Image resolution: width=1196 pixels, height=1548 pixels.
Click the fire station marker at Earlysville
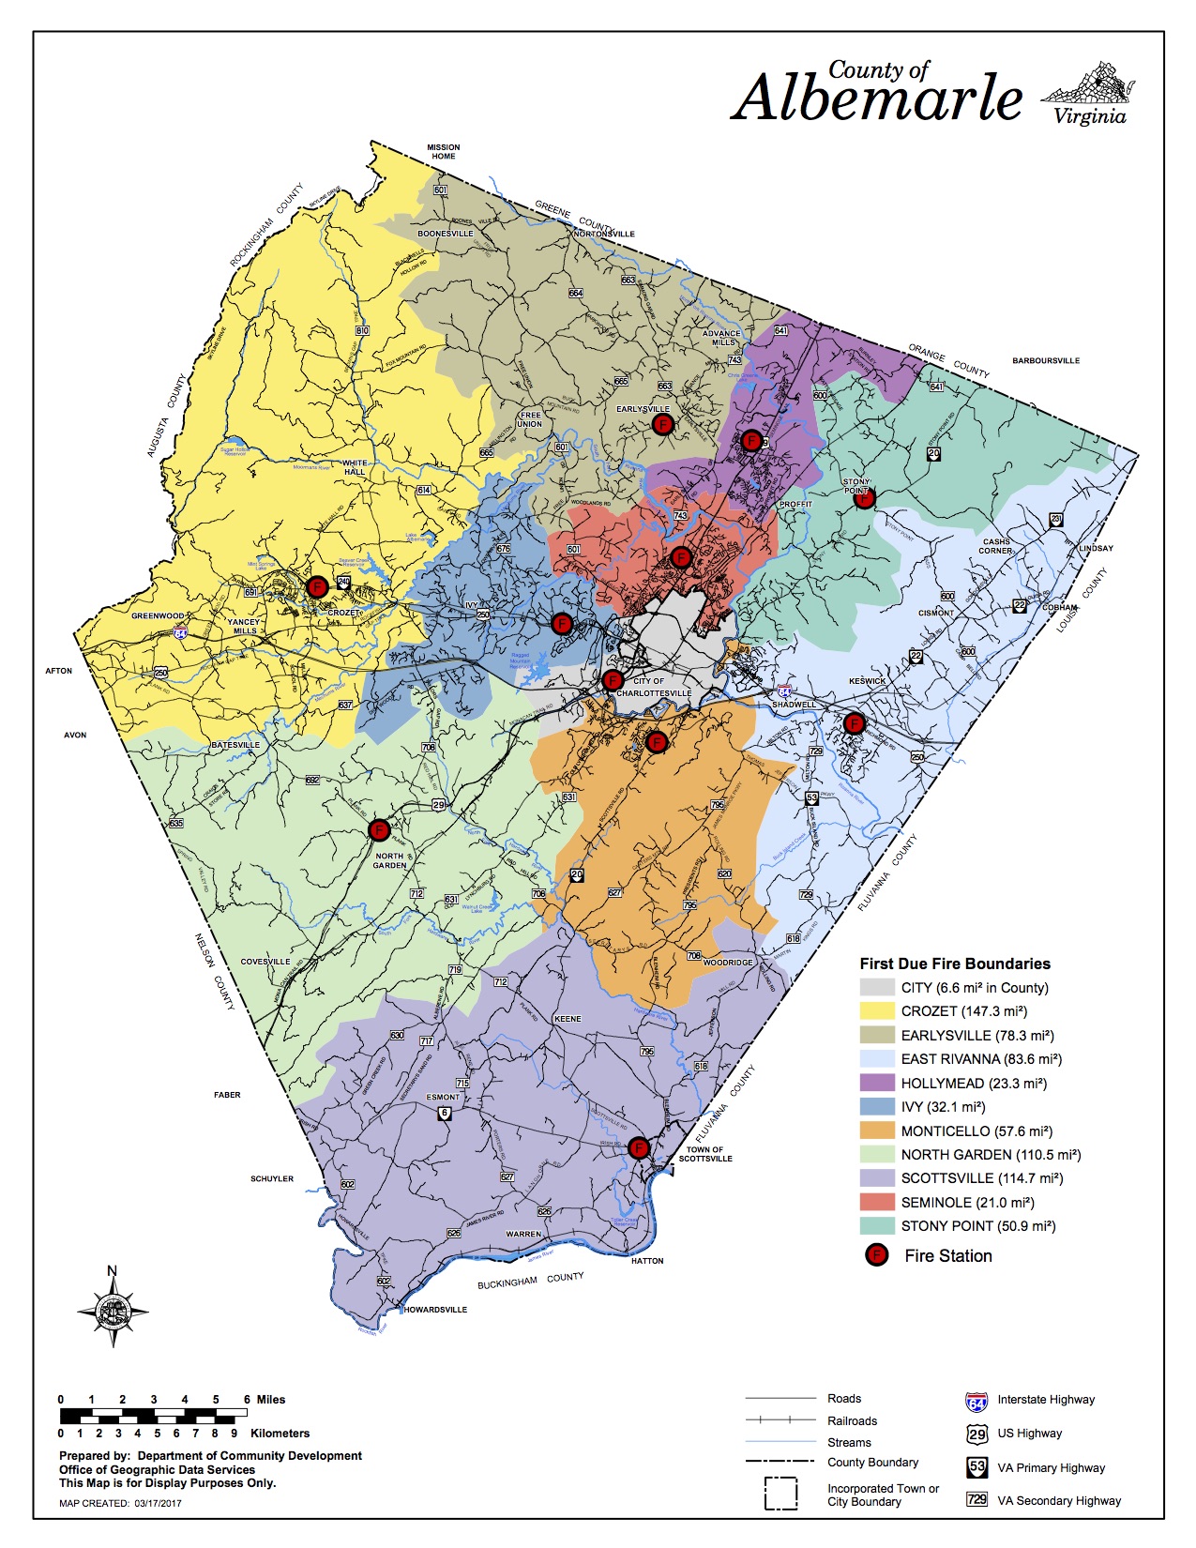(662, 424)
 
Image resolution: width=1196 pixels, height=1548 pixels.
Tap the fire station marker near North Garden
(379, 830)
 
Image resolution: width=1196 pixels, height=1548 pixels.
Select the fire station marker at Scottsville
(639, 1147)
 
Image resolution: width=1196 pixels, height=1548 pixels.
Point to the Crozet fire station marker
(317, 587)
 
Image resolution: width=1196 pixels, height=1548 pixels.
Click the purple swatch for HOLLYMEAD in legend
(877, 1083)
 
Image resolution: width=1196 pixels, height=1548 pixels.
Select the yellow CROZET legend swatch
(877, 1011)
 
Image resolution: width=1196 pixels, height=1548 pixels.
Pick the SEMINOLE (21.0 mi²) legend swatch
(877, 1202)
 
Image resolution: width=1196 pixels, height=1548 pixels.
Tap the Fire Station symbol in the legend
(876, 1255)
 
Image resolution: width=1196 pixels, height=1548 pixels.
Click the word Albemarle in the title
(877, 99)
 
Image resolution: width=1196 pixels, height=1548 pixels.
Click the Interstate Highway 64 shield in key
(976, 1402)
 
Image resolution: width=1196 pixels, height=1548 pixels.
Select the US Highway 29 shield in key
(976, 1434)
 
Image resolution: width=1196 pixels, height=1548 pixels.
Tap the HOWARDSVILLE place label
(435, 1310)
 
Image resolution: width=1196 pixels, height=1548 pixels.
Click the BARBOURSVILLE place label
(1046, 360)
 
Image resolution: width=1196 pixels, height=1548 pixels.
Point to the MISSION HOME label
(444, 151)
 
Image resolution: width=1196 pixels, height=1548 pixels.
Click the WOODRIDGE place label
(728, 963)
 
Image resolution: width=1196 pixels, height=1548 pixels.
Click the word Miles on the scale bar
(271, 1399)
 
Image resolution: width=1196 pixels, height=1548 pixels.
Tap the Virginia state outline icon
(1088, 85)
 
